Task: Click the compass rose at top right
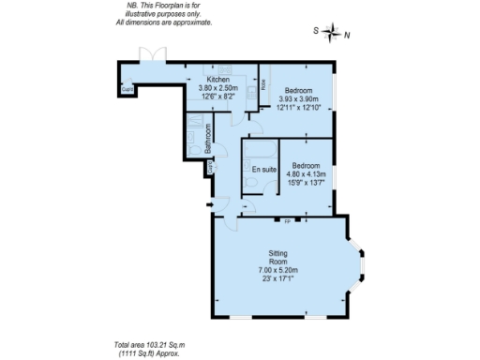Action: pos(331,34)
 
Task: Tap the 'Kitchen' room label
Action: pos(218,80)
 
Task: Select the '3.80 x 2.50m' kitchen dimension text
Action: pos(218,88)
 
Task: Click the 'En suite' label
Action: pos(262,170)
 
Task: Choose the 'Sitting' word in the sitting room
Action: pos(278,253)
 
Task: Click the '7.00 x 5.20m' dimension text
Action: pos(278,271)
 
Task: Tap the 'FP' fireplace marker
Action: pos(288,221)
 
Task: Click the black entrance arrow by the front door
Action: pos(210,204)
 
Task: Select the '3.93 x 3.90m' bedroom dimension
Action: pos(298,98)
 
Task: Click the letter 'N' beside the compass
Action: pos(347,35)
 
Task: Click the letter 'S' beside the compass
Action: pos(315,31)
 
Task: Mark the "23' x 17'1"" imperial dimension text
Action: pos(278,279)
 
